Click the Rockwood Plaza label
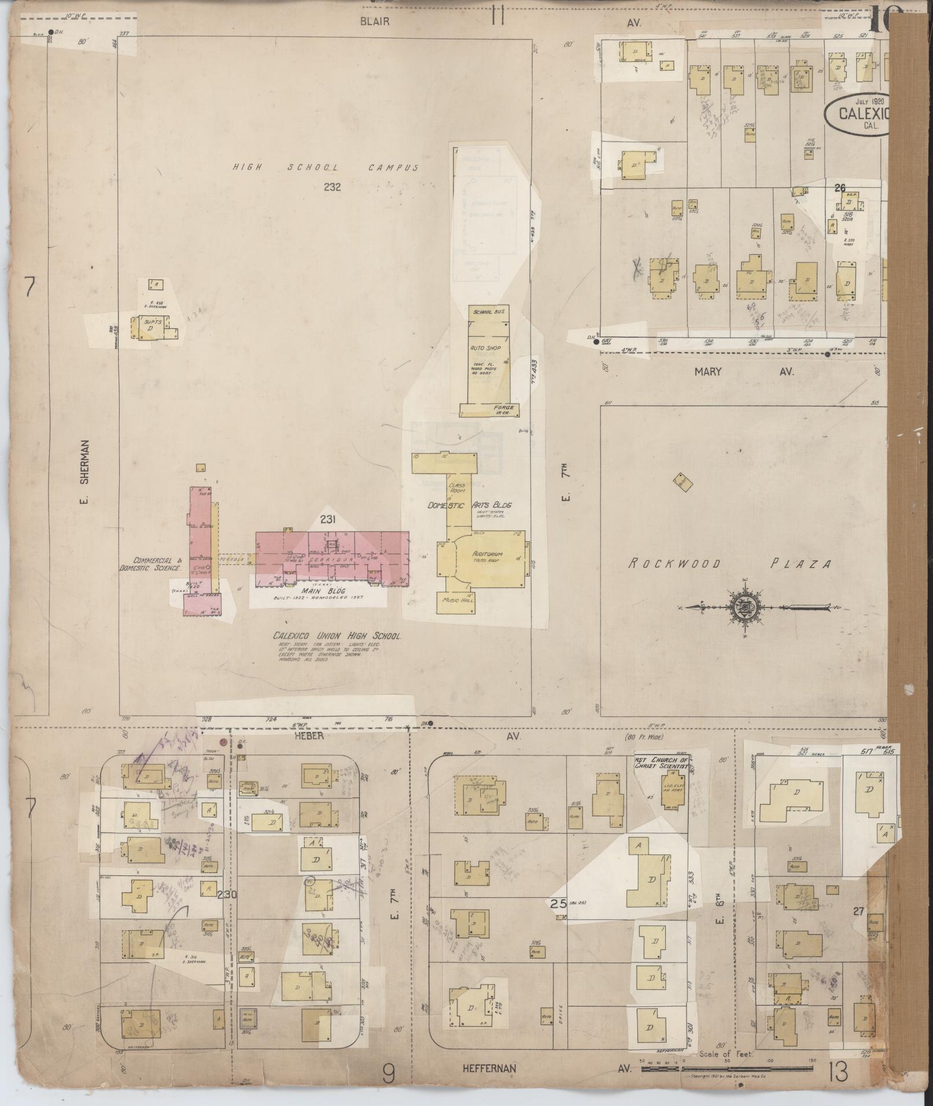click(729, 564)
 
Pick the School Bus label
click(489, 312)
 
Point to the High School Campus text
click(325, 168)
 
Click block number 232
click(333, 187)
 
